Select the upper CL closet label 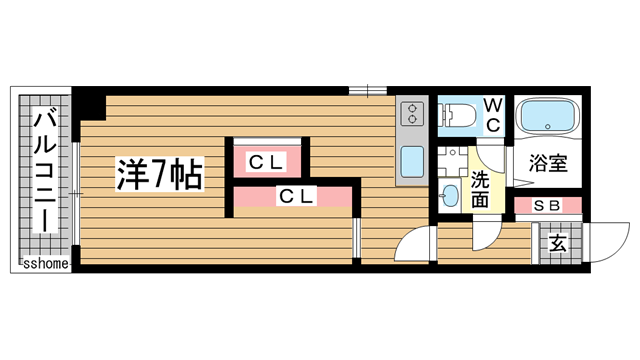click(x=267, y=161)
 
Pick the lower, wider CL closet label click(x=296, y=197)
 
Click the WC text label click(x=493, y=114)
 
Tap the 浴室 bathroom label click(x=548, y=163)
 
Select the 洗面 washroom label click(x=480, y=190)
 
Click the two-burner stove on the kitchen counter click(x=410, y=115)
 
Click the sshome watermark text click(x=44, y=264)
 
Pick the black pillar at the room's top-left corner click(x=92, y=103)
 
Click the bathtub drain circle click(x=549, y=127)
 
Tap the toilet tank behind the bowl click(x=443, y=116)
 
